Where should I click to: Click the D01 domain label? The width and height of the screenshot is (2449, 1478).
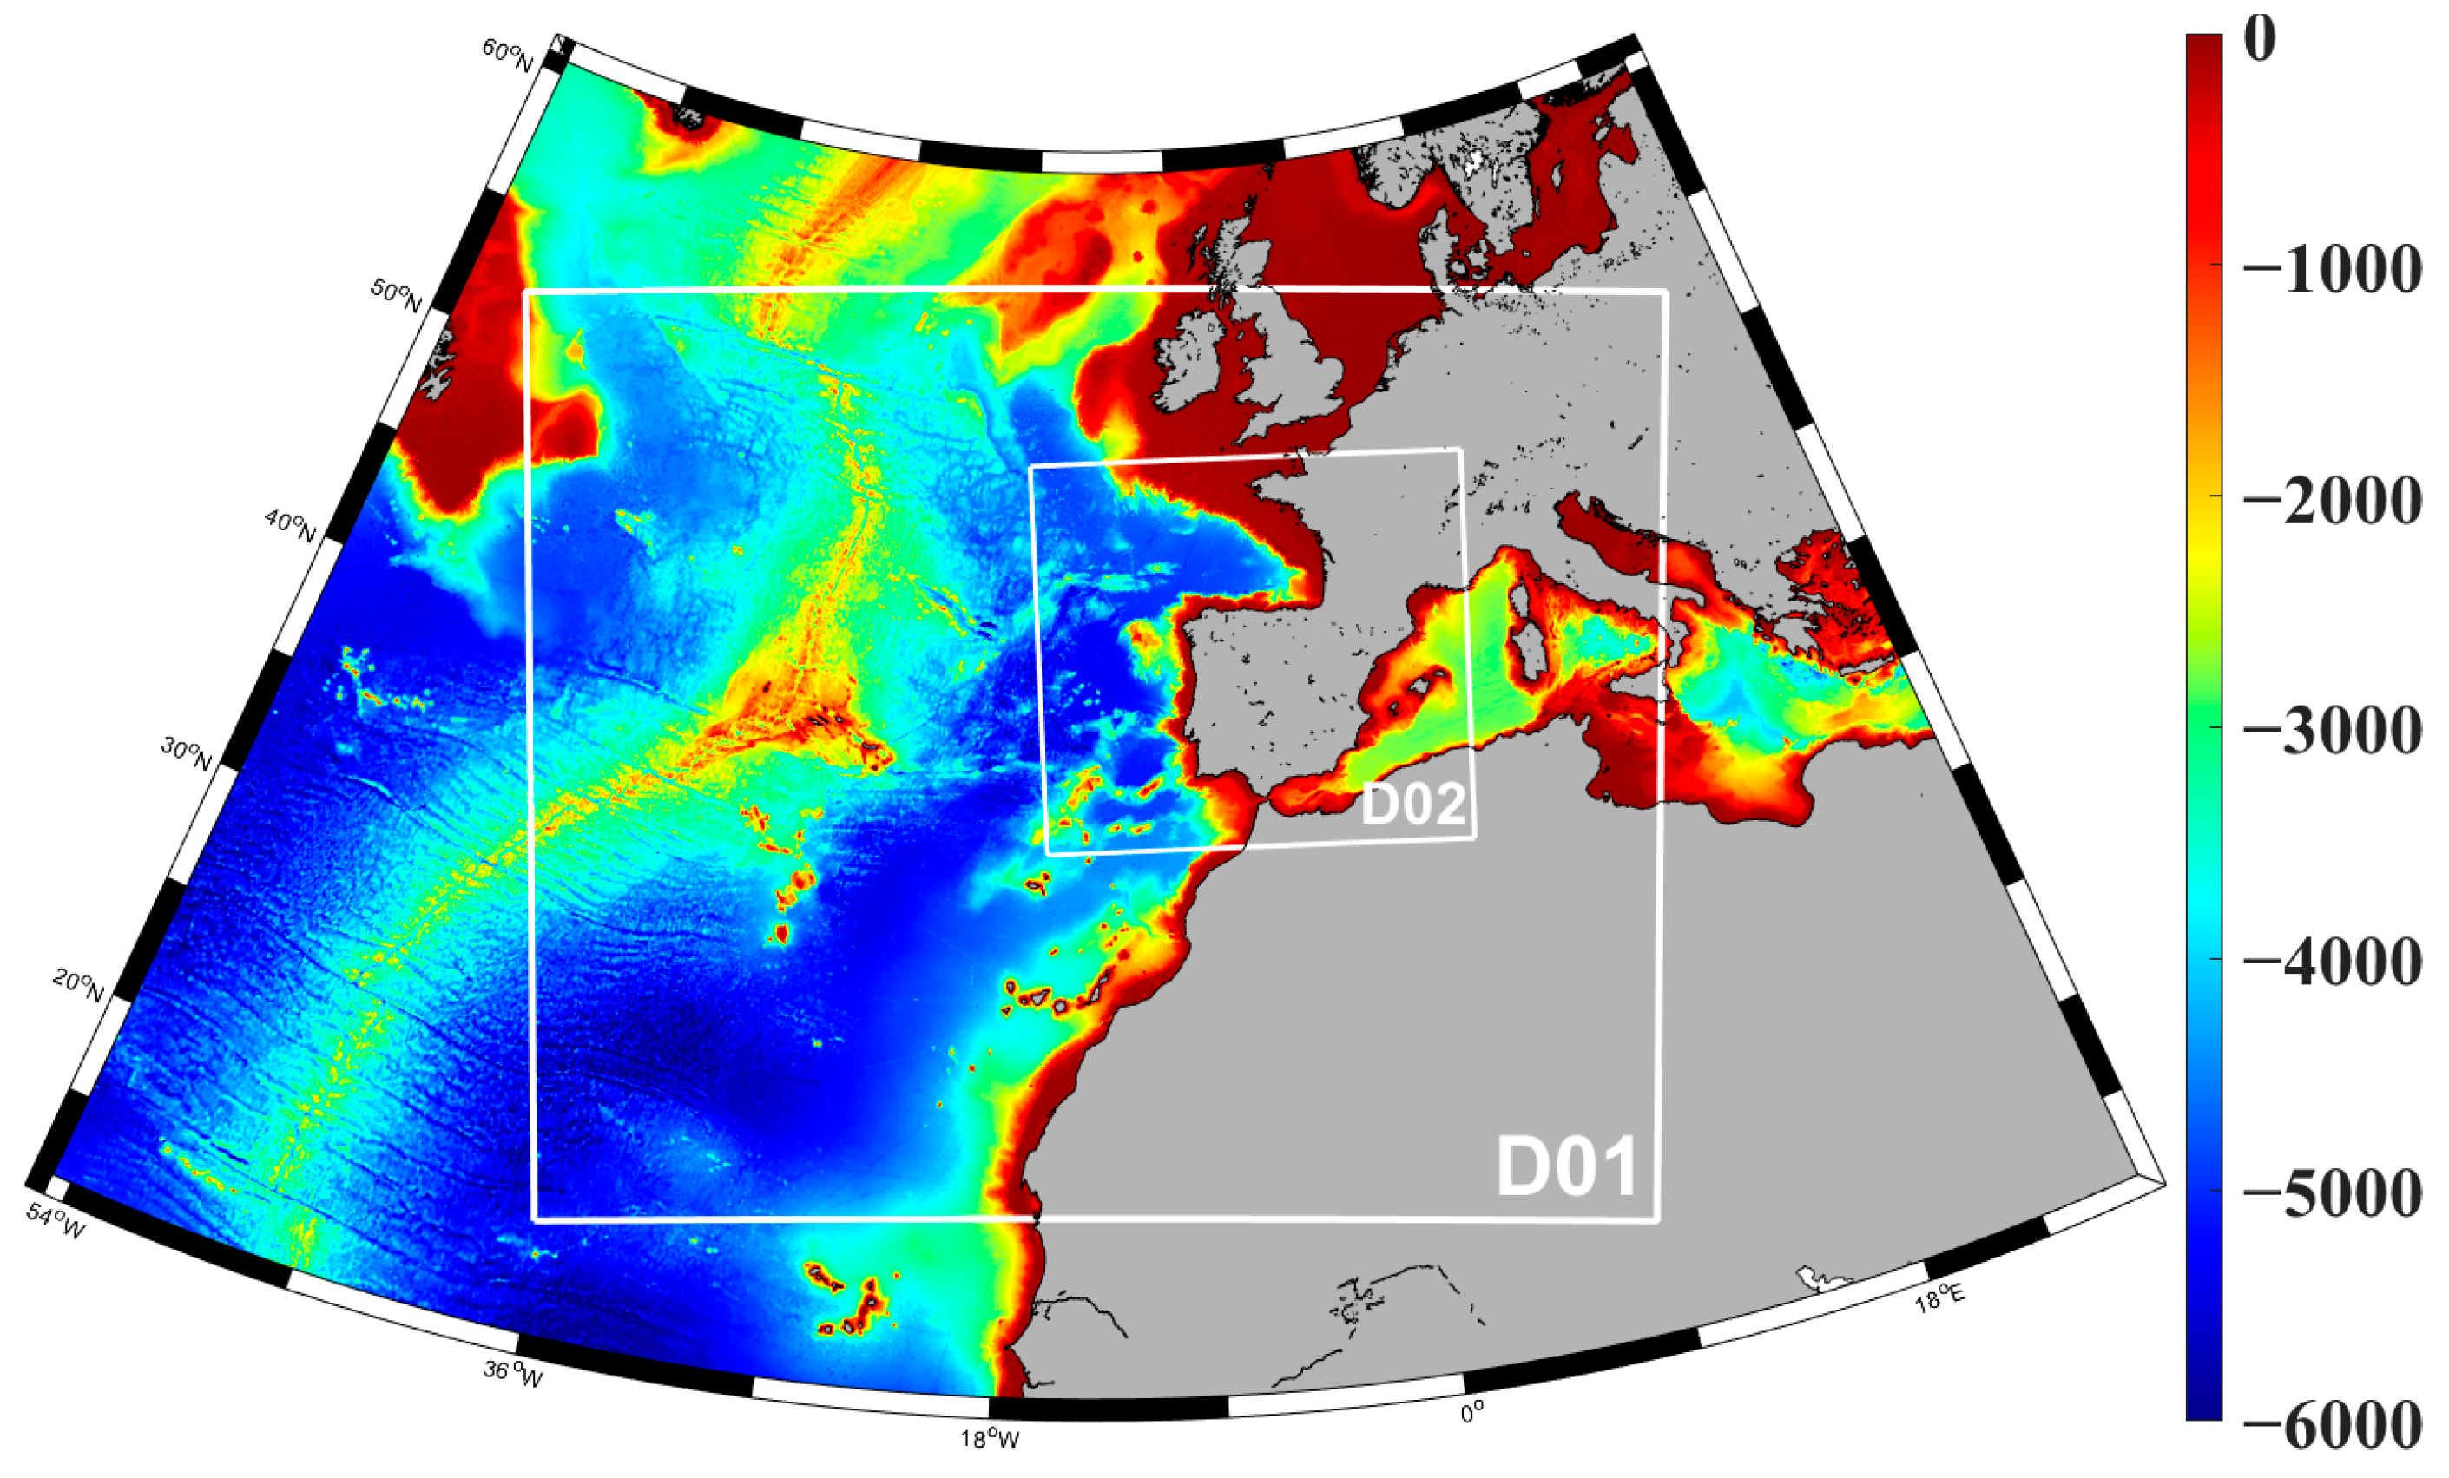pyautogui.click(x=1566, y=1167)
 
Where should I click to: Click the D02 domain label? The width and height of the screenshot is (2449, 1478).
pyautogui.click(x=1412, y=803)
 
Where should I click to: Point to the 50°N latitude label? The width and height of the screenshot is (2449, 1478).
pyautogui.click(x=395, y=294)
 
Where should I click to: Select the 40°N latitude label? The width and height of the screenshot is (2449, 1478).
pyautogui.click(x=289, y=526)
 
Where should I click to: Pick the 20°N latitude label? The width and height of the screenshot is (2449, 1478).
pyautogui.click(x=77, y=986)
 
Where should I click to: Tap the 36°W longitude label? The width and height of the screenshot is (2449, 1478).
pyautogui.click(x=513, y=1374)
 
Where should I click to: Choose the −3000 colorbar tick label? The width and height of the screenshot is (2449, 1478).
pyautogui.click(x=2332, y=731)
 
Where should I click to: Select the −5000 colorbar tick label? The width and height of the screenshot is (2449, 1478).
pyautogui.click(x=2332, y=1192)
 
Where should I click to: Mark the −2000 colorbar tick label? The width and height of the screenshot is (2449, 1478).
pyautogui.click(x=2332, y=500)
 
